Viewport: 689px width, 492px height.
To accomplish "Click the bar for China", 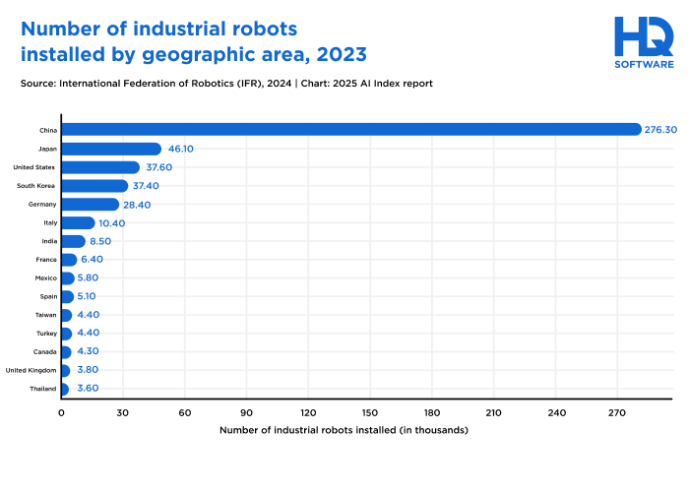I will tap(344, 130).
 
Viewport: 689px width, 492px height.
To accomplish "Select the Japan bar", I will tap(110, 149).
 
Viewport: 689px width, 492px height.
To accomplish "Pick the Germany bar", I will tap(91, 205).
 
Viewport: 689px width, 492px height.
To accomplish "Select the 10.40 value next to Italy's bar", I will tap(111, 223).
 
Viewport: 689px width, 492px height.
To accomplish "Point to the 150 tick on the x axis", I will tap(370, 412).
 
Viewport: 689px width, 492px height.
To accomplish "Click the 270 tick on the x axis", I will tap(617, 412).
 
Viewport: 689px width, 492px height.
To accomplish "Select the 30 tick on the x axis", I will tap(123, 412).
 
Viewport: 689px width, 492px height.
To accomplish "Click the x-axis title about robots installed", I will tap(344, 430).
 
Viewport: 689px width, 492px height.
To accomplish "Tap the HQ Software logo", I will tap(644, 42).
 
